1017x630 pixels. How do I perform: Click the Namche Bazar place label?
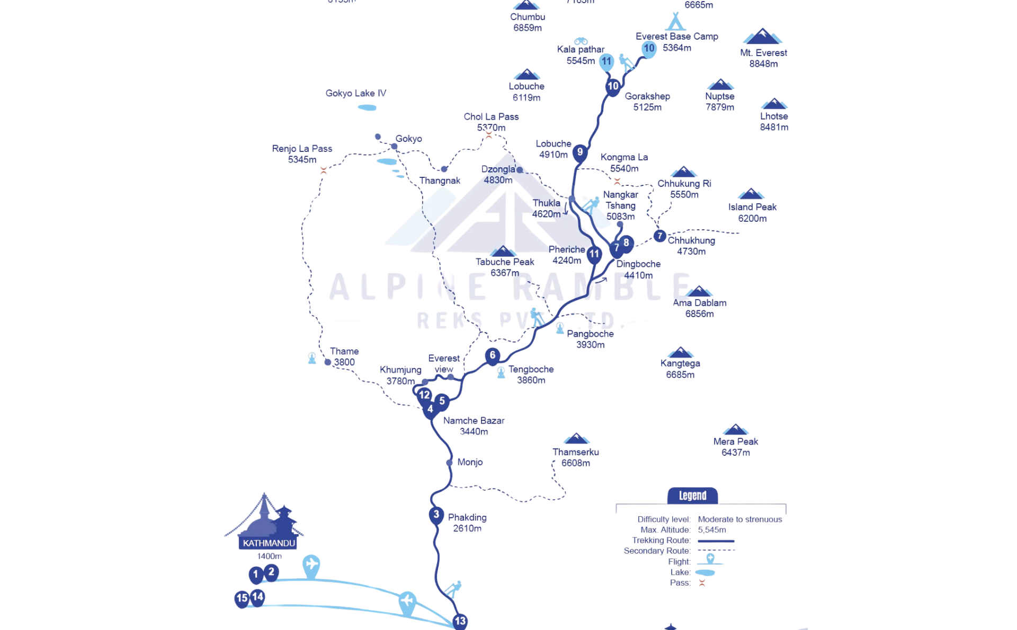click(474, 426)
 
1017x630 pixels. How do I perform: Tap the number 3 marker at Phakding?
click(436, 515)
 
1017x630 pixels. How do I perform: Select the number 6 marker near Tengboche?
click(493, 355)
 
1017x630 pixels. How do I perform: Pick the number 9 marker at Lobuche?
click(580, 152)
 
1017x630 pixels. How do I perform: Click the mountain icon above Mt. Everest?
click(762, 37)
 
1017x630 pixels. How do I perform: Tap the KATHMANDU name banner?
click(269, 543)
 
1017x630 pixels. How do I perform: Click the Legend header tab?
click(692, 496)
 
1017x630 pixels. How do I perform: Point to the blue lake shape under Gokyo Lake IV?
click(367, 107)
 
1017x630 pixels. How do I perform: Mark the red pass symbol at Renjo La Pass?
click(324, 170)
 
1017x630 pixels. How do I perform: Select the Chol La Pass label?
click(491, 122)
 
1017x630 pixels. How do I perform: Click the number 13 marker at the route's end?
click(460, 621)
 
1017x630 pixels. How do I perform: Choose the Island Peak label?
click(752, 212)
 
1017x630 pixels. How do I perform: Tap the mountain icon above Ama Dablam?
click(699, 291)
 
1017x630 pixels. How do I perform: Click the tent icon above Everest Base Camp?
click(675, 22)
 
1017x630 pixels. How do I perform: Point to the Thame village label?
click(344, 357)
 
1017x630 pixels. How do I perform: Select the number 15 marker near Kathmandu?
click(242, 599)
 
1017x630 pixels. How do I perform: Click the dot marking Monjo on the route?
click(449, 463)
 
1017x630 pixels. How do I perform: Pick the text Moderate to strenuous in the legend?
click(739, 519)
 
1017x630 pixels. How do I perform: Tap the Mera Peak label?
click(735, 447)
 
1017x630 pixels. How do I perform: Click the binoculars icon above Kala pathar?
click(581, 41)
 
